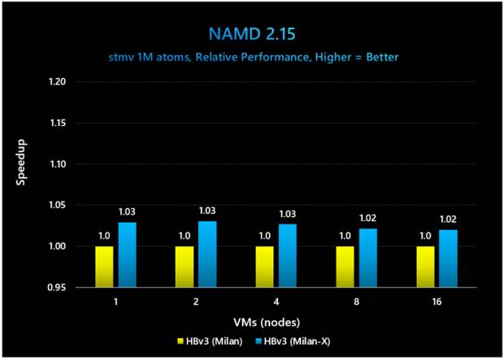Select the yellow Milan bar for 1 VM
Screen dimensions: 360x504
[x=104, y=267]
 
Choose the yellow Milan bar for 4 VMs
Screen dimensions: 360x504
[x=265, y=267]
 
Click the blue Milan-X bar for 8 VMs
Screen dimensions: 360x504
[x=367, y=258]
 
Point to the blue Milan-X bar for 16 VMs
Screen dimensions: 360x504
[x=448, y=258]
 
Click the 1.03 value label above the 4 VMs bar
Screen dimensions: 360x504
[x=288, y=214]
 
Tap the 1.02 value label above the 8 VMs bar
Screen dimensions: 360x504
[x=368, y=219]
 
